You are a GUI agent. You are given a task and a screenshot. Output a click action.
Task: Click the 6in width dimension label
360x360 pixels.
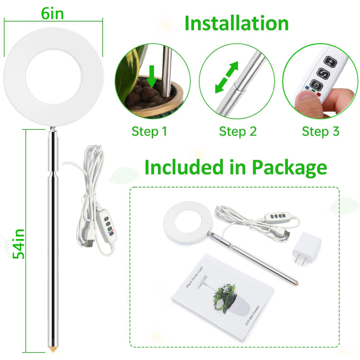[52, 13]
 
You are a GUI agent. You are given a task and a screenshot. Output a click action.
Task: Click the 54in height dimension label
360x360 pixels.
[18, 243]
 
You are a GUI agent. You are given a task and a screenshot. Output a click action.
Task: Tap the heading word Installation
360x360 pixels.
[236, 23]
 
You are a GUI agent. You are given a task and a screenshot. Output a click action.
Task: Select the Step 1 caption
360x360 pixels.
[149, 131]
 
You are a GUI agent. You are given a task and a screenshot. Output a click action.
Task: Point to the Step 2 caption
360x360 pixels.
[238, 131]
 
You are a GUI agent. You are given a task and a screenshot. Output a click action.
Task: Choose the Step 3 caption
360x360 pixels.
[320, 131]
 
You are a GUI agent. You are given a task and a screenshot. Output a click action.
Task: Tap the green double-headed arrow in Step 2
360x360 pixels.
[226, 77]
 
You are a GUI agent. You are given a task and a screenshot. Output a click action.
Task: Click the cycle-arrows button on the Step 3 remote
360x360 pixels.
[323, 73]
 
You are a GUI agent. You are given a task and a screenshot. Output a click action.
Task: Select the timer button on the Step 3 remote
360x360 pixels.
[316, 85]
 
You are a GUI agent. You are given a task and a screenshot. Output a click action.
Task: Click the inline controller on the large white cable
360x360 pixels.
[108, 223]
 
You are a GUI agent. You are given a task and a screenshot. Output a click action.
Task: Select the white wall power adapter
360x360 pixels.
[306, 249]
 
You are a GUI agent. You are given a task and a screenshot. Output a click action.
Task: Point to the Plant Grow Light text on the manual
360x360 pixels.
[194, 277]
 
